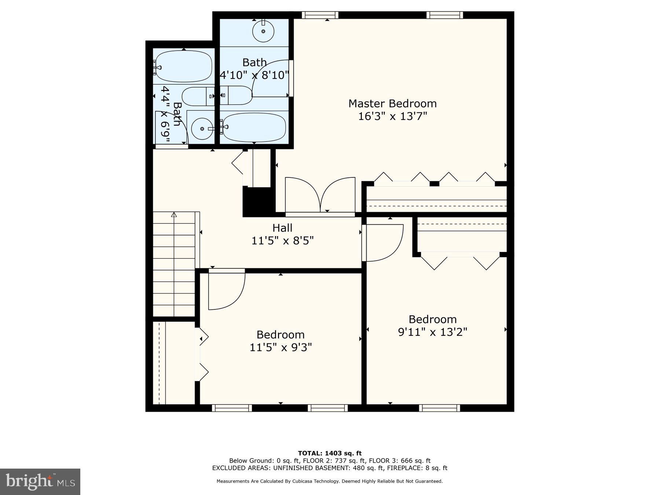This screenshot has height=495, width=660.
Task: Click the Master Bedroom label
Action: pos(392,104)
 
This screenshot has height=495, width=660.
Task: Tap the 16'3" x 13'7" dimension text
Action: pos(392,117)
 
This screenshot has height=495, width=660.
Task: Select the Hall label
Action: pos(282,228)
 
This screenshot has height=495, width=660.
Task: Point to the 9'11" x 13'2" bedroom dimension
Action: pos(433,332)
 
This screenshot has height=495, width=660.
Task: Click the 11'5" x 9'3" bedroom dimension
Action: pos(280,347)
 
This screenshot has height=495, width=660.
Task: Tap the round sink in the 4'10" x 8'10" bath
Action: pos(263,31)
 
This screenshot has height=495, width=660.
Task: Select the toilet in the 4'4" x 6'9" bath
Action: pos(198,96)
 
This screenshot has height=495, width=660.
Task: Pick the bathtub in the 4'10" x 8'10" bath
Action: pos(254,127)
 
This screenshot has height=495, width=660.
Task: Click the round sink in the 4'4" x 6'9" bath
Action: pos(202,129)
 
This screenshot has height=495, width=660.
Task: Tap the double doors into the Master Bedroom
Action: pos(320,195)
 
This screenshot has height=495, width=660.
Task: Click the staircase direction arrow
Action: pos(174,215)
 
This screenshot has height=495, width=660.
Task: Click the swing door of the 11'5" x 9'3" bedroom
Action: pos(225,290)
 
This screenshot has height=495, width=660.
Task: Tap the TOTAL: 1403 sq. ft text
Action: pos(330,454)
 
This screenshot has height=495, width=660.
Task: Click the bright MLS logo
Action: pos(40,481)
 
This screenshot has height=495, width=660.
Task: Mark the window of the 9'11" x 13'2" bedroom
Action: pos(439,408)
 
